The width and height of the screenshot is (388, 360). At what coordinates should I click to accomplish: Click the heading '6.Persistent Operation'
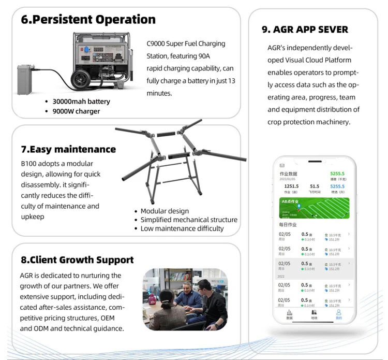pos(88,20)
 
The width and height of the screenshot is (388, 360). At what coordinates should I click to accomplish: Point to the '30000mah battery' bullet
pos(81,102)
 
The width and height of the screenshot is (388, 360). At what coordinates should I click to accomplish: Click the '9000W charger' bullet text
pos(76,111)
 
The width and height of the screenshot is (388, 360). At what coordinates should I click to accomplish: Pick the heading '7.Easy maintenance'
pos(68,149)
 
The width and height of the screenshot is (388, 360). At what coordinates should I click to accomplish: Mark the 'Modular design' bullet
pos(165,211)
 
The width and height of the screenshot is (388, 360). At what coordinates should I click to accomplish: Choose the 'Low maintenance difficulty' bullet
pos(182,228)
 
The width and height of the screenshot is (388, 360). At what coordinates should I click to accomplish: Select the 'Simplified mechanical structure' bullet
pos(189,220)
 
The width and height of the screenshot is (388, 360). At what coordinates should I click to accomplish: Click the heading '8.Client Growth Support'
pos(77,260)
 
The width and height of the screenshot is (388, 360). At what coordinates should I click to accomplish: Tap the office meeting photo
pos(185,299)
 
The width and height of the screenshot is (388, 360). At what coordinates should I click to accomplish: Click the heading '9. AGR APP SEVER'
pos(305,30)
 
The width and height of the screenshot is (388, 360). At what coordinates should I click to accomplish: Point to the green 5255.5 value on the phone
pos(337,174)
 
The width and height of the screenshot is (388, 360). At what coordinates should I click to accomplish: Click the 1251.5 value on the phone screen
pos(291,186)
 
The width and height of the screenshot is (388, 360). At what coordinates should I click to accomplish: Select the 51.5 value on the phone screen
pos(315,186)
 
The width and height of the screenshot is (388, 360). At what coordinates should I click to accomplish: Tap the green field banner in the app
pos(314,208)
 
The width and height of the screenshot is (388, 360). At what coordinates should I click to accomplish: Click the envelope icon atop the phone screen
pos(282,165)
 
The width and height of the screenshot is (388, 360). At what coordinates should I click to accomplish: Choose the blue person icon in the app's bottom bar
pos(338,313)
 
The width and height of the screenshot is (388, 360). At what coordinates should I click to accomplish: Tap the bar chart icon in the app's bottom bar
pos(289,313)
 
